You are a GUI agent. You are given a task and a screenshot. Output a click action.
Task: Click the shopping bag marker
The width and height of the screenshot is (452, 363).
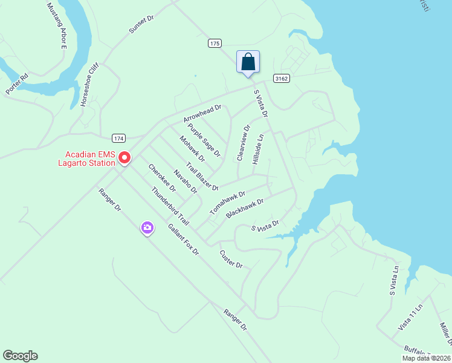[248, 62]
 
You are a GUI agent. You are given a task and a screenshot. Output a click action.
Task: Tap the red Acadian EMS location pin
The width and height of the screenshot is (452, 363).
[124, 157]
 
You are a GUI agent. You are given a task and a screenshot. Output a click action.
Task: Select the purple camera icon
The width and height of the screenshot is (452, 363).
[147, 228]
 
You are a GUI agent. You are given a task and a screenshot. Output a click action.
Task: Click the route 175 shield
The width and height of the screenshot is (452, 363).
[215, 44]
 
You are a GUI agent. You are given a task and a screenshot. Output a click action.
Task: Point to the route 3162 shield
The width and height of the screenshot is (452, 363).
[281, 78]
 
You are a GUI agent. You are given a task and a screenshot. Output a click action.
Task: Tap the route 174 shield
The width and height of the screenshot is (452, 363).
[118, 139]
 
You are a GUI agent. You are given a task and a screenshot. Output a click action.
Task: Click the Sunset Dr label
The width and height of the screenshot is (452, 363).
[141, 24]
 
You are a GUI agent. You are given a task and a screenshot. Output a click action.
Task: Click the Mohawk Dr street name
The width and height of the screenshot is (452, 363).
[192, 148]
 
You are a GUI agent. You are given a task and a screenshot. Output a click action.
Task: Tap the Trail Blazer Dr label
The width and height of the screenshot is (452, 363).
[202, 177]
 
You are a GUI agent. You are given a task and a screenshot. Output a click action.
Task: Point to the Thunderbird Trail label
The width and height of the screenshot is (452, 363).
[170, 206]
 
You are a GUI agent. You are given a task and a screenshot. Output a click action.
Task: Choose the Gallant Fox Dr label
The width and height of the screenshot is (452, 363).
[183, 240]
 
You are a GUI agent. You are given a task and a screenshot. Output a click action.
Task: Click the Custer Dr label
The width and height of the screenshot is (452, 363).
[231, 260]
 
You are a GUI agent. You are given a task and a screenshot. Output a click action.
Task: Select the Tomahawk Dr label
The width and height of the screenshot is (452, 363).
[227, 203]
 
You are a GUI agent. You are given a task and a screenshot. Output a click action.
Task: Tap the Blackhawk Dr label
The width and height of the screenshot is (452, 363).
[245, 209]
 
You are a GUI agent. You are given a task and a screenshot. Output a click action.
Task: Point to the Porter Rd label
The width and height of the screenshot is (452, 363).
[17, 83]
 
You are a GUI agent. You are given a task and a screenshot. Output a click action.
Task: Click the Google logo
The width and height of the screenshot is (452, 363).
[20, 356]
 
